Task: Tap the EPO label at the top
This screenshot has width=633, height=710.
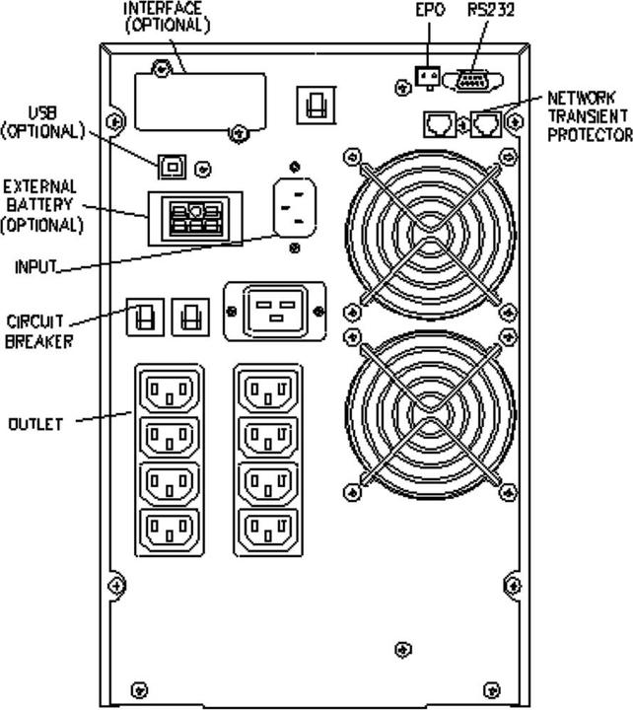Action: (430, 9)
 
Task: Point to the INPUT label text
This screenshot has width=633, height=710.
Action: (36, 267)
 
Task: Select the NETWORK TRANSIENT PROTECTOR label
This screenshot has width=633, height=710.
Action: (589, 115)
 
